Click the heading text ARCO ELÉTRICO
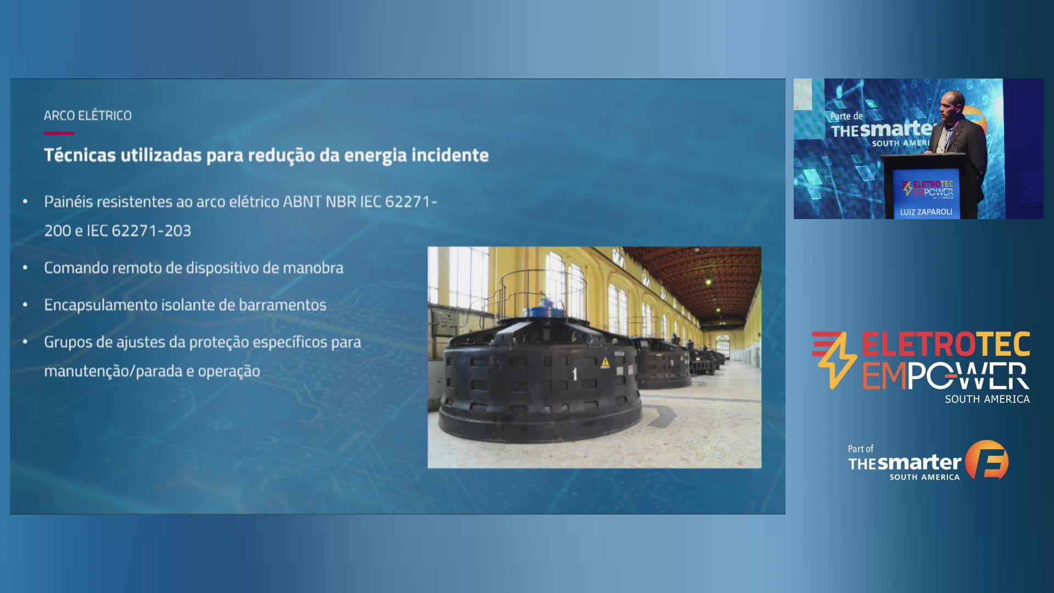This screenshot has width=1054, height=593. (x=88, y=115)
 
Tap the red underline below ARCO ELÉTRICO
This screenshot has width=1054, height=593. (x=59, y=133)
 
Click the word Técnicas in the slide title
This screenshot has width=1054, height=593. (x=80, y=155)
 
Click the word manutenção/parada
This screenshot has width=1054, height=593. (x=113, y=371)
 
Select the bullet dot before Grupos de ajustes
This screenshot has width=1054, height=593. (x=25, y=342)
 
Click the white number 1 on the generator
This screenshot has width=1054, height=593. (x=575, y=374)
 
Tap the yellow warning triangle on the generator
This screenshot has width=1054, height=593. (x=606, y=362)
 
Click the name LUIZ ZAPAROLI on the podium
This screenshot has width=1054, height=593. (x=926, y=212)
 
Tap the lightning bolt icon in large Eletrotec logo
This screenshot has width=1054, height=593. (x=835, y=360)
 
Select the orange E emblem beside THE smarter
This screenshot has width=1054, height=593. (x=986, y=460)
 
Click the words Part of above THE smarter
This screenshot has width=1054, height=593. (x=860, y=449)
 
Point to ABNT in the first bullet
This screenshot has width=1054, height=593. (x=302, y=202)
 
